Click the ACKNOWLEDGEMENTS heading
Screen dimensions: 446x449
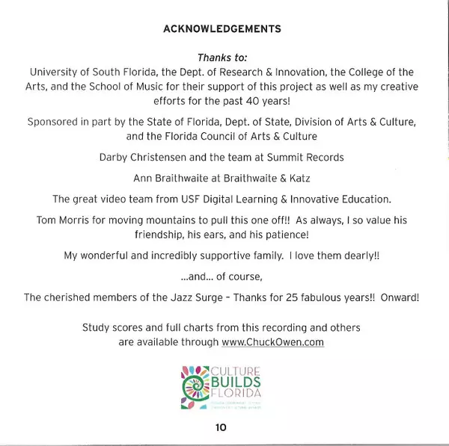(x=222, y=29)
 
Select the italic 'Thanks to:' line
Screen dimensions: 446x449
(x=222, y=58)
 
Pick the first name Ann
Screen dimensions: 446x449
(x=143, y=179)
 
